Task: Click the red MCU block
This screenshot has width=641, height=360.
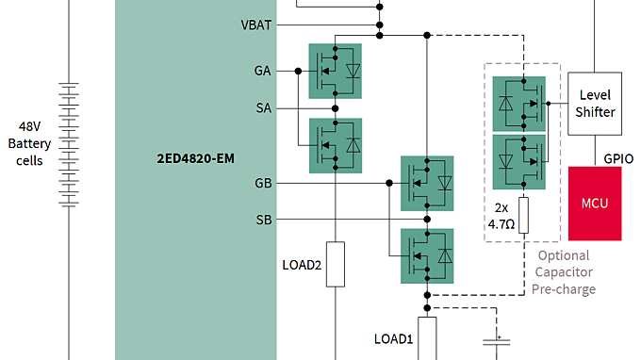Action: [595, 204]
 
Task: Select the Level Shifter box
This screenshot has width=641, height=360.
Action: [595, 104]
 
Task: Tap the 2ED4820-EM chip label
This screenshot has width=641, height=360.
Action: [195, 158]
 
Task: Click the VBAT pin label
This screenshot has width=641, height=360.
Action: [256, 25]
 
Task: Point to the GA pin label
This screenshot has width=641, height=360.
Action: [262, 71]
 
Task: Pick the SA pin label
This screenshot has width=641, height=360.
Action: [263, 108]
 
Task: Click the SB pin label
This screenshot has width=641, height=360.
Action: [263, 220]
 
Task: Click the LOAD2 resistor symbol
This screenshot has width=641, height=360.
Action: [336, 264]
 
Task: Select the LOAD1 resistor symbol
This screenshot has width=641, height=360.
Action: [427, 337]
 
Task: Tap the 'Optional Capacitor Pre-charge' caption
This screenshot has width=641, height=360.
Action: [564, 272]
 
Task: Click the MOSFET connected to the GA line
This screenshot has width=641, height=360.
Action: [336, 71]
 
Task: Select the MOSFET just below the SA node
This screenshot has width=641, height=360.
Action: [336, 145]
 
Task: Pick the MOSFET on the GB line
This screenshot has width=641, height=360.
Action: [427, 182]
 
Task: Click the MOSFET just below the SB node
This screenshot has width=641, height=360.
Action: [427, 254]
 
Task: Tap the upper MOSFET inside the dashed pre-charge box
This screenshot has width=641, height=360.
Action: [519, 103]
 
